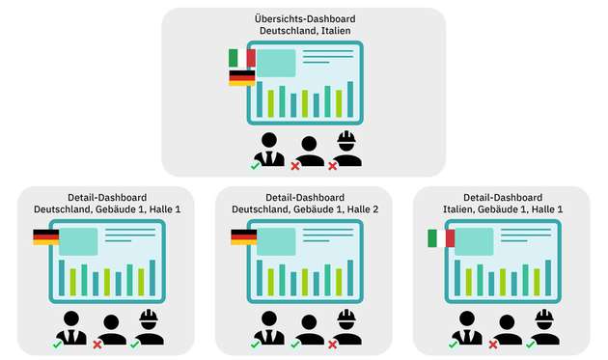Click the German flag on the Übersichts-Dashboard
pos(241,77)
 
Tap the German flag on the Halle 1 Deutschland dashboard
pos(45,236)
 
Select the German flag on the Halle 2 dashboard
pos(243,236)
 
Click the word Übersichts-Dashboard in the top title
pos(303,19)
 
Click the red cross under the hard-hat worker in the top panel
pos(333,166)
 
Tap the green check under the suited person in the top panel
pos(255,166)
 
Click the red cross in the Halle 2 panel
pos(333,344)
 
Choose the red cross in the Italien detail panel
pos(493,344)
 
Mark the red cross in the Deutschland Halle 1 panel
pos(97,344)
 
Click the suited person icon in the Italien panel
pos(467,327)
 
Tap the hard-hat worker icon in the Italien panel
pos(544,326)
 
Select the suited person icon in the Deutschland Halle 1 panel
pos(71,327)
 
